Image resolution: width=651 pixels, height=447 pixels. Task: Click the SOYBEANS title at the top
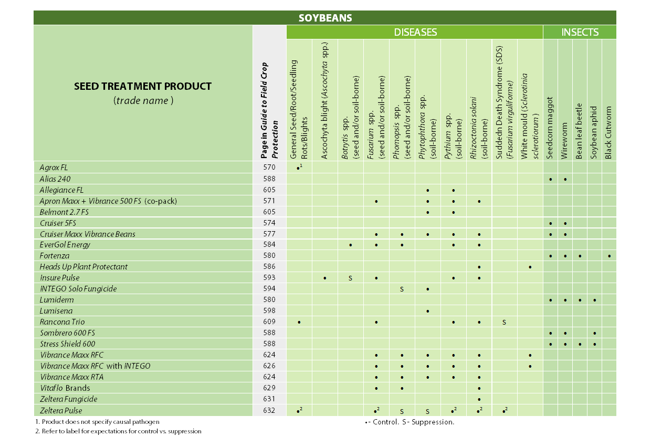pyautogui.click(x=325, y=18)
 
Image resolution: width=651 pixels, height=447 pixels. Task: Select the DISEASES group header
pyautogui.click(x=415, y=32)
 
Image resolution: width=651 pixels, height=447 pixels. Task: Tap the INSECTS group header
pyautogui.click(x=580, y=32)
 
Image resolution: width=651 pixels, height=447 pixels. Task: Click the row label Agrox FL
pyautogui.click(x=54, y=168)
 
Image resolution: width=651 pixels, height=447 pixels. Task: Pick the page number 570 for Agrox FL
pyautogui.click(x=269, y=168)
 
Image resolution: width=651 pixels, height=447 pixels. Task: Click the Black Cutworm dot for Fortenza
pyautogui.click(x=609, y=256)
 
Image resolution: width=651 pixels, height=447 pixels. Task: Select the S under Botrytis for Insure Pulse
pyautogui.click(x=350, y=278)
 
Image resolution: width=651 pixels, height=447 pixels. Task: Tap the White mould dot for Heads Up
pyautogui.click(x=530, y=267)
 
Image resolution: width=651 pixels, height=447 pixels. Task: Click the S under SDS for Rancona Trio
pyautogui.click(x=505, y=322)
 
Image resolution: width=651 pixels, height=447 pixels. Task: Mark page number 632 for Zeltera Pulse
pyautogui.click(x=269, y=410)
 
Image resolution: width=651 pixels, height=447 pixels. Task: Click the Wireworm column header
pyautogui.click(x=565, y=126)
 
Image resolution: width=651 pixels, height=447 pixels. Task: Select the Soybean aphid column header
pyautogui.click(x=594, y=126)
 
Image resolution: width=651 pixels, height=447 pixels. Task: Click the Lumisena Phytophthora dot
pyautogui.click(x=428, y=311)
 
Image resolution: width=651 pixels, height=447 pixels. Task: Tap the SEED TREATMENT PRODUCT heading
pyautogui.click(x=143, y=86)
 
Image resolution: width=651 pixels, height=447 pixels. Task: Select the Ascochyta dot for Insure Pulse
pyautogui.click(x=325, y=278)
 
